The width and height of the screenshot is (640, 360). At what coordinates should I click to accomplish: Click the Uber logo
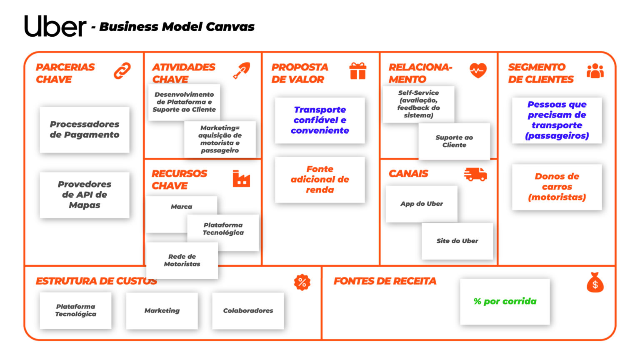click(55, 26)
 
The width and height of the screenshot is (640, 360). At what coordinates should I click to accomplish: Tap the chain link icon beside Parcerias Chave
click(122, 70)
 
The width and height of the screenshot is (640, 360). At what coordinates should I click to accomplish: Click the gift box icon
click(358, 70)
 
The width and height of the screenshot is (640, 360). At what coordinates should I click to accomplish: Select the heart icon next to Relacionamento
click(478, 70)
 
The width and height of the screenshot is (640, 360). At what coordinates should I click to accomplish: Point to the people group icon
click(595, 70)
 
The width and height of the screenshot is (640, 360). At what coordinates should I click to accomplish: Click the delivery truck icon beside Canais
click(475, 174)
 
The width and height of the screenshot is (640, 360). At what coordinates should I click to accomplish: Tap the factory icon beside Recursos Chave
click(241, 179)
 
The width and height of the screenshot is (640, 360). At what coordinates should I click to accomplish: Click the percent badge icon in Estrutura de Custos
click(302, 282)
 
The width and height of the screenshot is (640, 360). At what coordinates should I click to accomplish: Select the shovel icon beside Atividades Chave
click(242, 70)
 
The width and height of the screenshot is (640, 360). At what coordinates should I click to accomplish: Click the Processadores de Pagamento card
click(85, 130)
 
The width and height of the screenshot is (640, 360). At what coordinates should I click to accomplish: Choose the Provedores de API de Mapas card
click(85, 195)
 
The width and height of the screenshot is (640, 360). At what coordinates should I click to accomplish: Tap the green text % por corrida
click(505, 301)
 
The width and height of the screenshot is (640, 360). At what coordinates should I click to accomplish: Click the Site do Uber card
click(457, 241)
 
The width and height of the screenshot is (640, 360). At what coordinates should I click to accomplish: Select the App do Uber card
click(421, 204)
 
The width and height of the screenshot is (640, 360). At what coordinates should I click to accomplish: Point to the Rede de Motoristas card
click(182, 260)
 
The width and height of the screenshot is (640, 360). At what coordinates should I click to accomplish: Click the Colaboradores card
click(248, 310)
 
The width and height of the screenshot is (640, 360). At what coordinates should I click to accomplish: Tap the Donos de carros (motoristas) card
click(557, 187)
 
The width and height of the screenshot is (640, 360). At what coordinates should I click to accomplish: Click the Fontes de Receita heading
click(385, 281)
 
